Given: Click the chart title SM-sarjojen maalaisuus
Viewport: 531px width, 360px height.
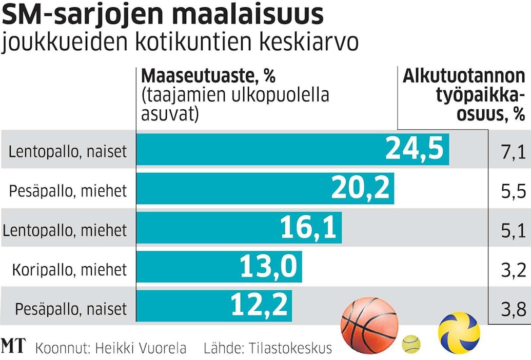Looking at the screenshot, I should [163, 15].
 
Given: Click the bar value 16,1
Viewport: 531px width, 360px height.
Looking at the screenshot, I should [309, 228].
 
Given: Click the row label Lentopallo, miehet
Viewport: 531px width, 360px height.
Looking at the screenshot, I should [65, 230].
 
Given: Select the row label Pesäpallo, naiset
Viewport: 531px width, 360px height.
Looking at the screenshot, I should [71, 309].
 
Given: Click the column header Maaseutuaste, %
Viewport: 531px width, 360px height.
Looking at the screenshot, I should [208, 76].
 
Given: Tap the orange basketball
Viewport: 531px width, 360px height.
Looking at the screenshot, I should [369, 325].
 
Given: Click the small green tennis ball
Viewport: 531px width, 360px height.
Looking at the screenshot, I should [411, 344].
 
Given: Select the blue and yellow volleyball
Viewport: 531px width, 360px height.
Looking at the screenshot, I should [459, 332].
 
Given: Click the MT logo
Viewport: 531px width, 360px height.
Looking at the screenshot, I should [13, 346].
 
